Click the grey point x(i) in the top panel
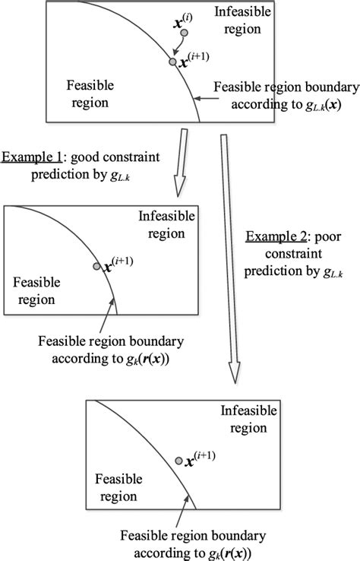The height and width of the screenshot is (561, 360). (184, 32)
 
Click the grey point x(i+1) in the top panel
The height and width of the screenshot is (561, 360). (172, 62)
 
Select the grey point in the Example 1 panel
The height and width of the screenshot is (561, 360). (96, 266)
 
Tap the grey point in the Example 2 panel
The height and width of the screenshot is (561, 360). (178, 461)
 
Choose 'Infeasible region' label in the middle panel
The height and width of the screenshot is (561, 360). (166, 225)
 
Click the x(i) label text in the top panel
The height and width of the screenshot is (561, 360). (185, 14)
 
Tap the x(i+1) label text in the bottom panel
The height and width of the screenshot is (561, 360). (199, 460)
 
